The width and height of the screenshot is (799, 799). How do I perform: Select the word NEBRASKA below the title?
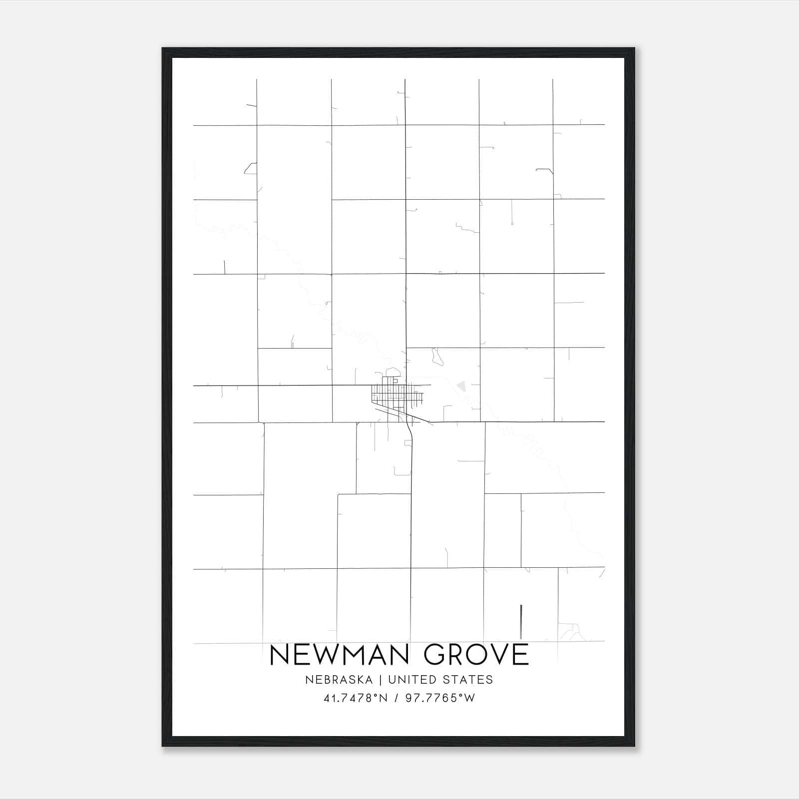348,680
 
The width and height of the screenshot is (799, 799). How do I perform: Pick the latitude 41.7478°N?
356,698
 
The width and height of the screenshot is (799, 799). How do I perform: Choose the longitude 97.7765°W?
440,698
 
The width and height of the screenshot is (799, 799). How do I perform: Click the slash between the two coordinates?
396,698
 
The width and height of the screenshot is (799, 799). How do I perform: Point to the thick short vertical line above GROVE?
521,621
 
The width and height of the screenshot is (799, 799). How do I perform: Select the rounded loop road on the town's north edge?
392,373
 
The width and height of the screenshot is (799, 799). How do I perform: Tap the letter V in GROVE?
501,655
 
